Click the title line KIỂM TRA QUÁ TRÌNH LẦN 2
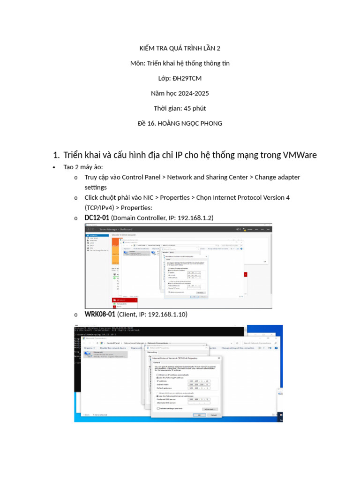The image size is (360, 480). (180, 48)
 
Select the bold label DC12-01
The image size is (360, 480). (97, 218)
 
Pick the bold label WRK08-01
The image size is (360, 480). (100, 314)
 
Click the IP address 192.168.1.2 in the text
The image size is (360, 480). (192, 218)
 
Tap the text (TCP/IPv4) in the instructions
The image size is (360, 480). (99, 207)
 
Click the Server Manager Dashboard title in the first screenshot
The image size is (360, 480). (115, 229)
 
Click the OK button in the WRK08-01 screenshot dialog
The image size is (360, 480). (199, 415)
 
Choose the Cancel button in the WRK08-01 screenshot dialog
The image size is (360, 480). (213, 415)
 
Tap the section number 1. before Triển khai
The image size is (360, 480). (56, 155)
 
